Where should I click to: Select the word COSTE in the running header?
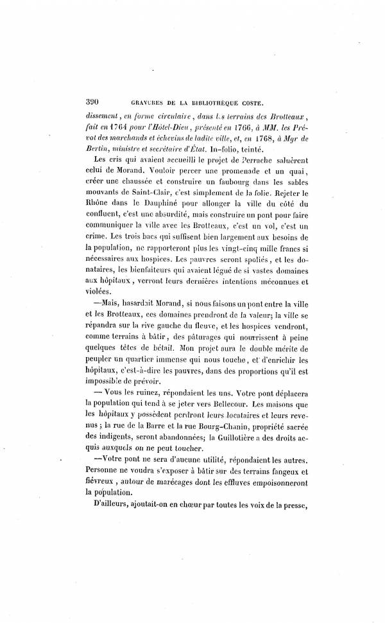(x=262, y=102)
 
